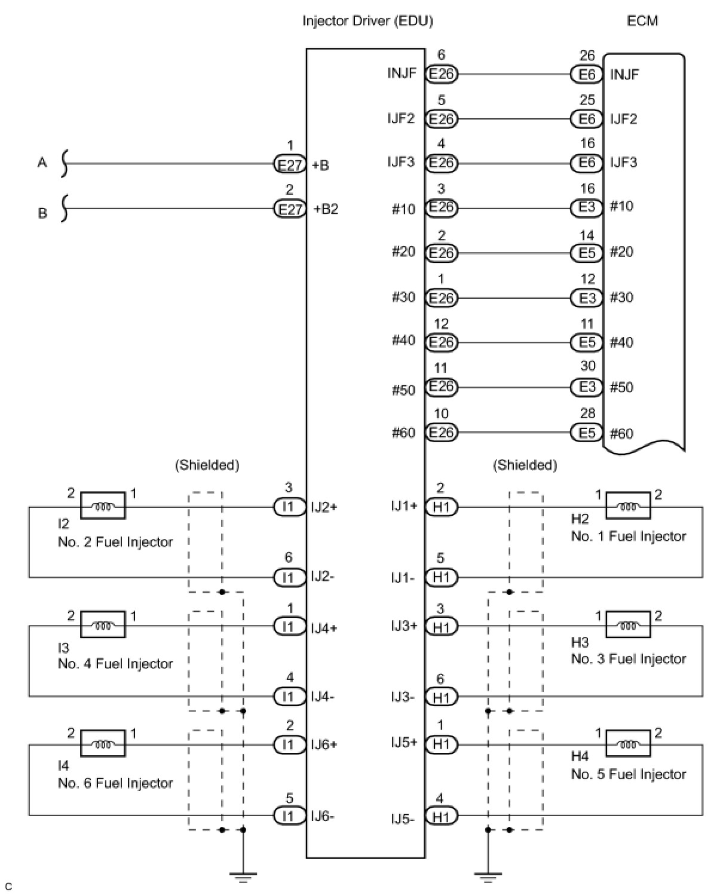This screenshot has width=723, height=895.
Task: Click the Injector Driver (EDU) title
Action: point(367,21)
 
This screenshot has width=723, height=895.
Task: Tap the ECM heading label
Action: point(642,21)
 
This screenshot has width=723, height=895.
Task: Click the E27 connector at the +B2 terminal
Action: point(290,209)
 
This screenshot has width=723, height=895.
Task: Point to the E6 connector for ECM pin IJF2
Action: point(587,119)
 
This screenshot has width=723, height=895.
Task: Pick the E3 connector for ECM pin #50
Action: point(587,387)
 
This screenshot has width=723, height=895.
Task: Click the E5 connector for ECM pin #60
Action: point(587,433)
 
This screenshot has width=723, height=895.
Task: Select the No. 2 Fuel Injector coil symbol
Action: point(103,507)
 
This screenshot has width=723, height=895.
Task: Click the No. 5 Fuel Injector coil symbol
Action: point(628,744)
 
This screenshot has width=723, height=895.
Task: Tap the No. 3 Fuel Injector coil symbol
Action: point(628,626)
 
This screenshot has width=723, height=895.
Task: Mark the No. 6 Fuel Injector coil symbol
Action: point(103,744)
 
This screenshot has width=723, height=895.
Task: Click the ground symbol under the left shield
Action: point(243,877)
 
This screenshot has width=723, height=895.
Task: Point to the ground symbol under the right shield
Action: point(488,877)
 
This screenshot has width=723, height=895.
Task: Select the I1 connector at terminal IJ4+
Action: point(289,626)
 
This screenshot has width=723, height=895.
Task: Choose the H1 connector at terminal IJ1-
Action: point(441,577)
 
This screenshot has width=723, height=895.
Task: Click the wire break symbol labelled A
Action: point(64,163)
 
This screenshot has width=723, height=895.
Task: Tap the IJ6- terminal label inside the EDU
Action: point(323,816)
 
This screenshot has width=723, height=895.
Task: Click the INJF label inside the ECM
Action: point(624,75)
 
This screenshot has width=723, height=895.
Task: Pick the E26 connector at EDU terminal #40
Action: point(441,342)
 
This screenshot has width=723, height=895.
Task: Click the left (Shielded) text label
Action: point(207,465)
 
